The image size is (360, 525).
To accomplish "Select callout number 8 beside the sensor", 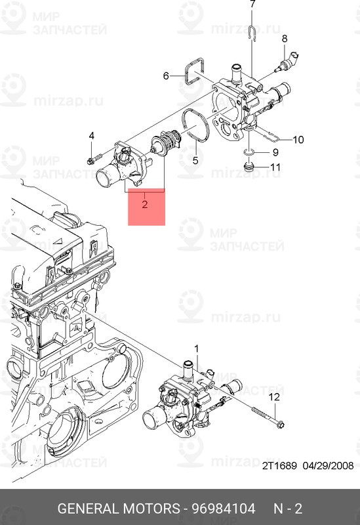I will tap(285, 39).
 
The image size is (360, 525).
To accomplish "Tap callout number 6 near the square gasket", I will tap(166, 76).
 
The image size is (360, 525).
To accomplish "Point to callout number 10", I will tap(298, 139).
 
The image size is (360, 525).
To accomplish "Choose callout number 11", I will tap(275, 167).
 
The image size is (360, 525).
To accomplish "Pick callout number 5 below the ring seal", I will tap(195, 159).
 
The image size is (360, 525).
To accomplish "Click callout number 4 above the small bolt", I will tap(92, 136).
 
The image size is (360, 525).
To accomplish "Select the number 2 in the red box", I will tap(144, 204).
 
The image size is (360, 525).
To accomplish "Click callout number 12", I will tap(274, 397).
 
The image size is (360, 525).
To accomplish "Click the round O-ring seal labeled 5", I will tap(195, 124).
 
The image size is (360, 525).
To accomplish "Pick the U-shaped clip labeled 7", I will tap(252, 31).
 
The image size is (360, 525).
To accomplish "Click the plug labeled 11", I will tap(248, 168).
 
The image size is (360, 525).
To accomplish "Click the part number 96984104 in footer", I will tap(222, 509).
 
